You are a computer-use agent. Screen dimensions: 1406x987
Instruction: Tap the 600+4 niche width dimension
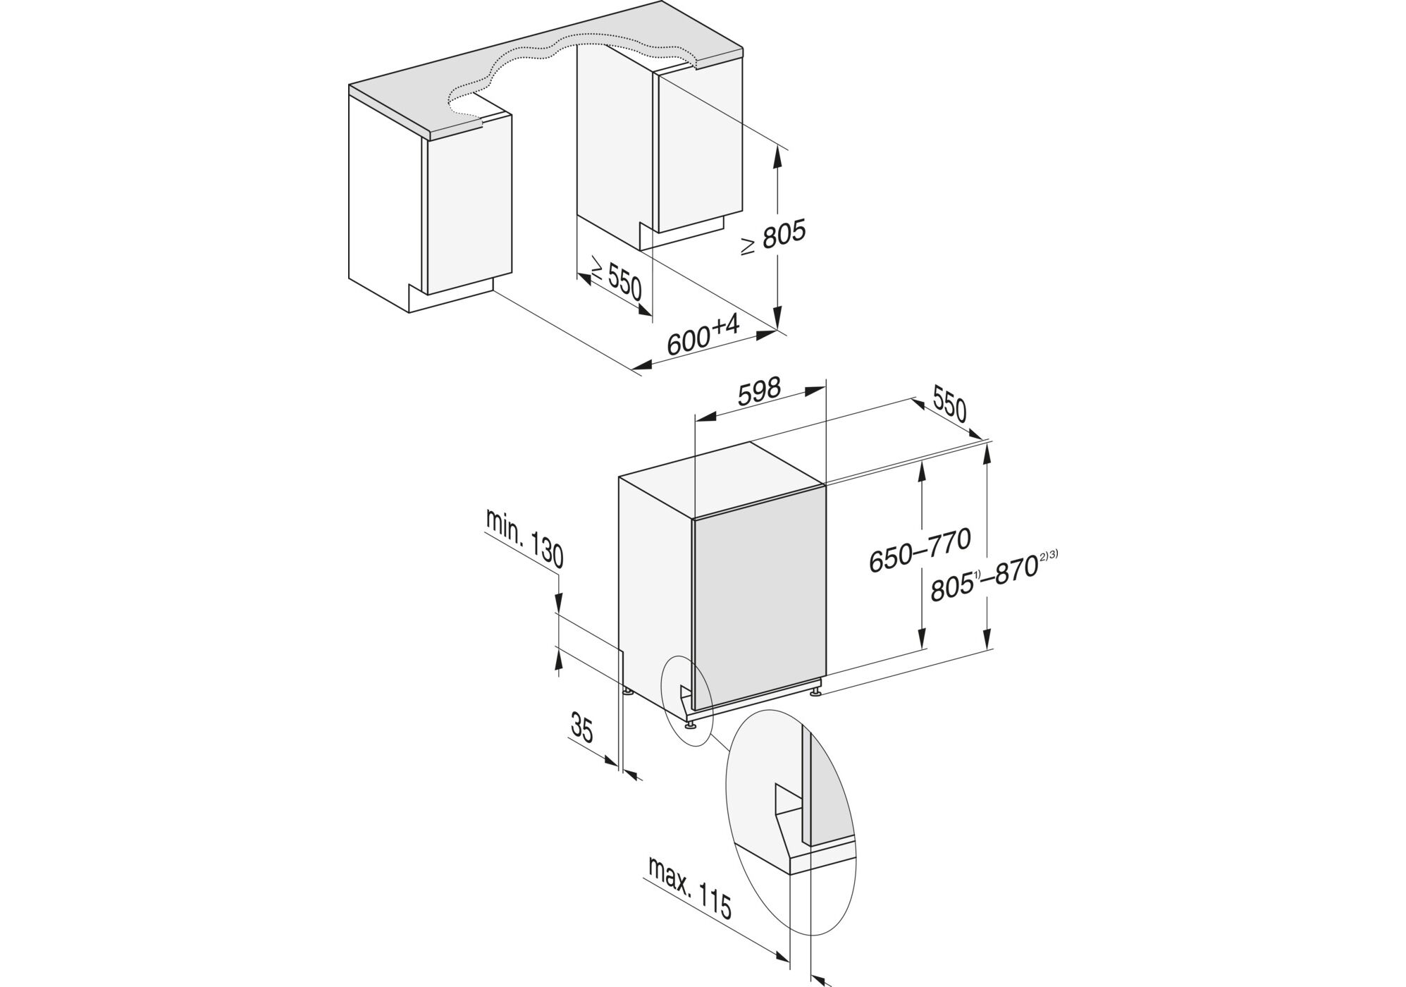pyautogui.click(x=703, y=335)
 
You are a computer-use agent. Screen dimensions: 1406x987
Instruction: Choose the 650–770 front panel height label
pyautogui.click(x=920, y=550)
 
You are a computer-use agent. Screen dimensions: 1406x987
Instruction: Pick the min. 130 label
pyautogui.click(x=524, y=539)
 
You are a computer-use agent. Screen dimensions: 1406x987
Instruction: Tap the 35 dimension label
pyautogui.click(x=581, y=728)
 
